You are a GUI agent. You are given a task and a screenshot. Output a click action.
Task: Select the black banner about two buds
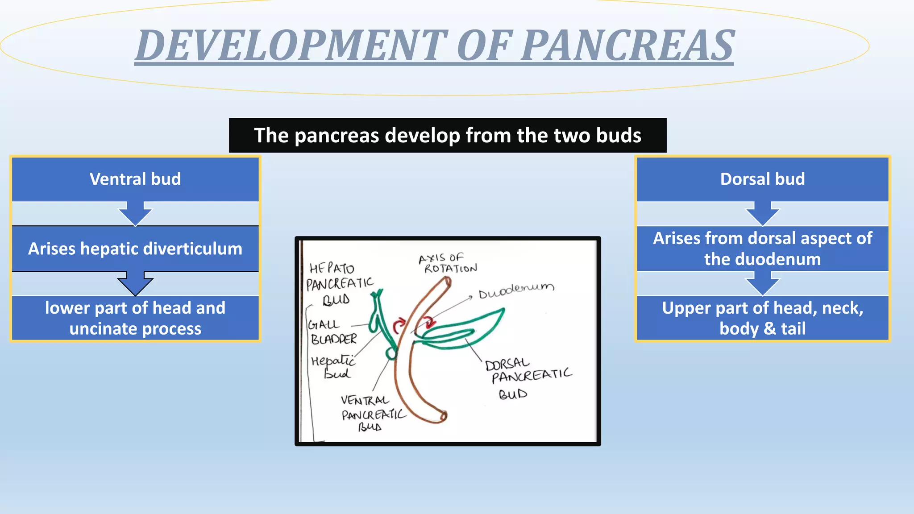(448, 135)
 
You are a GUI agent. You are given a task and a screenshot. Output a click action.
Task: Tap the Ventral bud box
(135, 179)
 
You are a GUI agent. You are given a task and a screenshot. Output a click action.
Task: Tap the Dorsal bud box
(762, 179)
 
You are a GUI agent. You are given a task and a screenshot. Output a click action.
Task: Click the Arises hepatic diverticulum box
(135, 249)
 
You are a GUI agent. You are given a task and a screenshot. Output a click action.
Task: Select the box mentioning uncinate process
(135, 318)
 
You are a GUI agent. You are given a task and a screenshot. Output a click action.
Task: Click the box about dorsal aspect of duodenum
(762, 249)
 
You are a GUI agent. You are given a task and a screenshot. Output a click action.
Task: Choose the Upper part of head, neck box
(762, 318)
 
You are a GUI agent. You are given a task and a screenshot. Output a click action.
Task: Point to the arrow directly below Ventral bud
(135, 213)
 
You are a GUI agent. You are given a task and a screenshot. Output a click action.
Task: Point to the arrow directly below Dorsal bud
(762, 213)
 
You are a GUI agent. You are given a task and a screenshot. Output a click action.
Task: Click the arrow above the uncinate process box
(135, 283)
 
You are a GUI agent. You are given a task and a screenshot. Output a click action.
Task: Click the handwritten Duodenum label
(516, 291)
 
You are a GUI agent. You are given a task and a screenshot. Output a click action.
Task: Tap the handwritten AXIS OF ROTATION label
(448, 263)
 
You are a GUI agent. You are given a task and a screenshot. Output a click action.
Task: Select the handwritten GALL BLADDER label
(332, 332)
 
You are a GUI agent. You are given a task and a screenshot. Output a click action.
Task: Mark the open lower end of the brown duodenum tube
(443, 416)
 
